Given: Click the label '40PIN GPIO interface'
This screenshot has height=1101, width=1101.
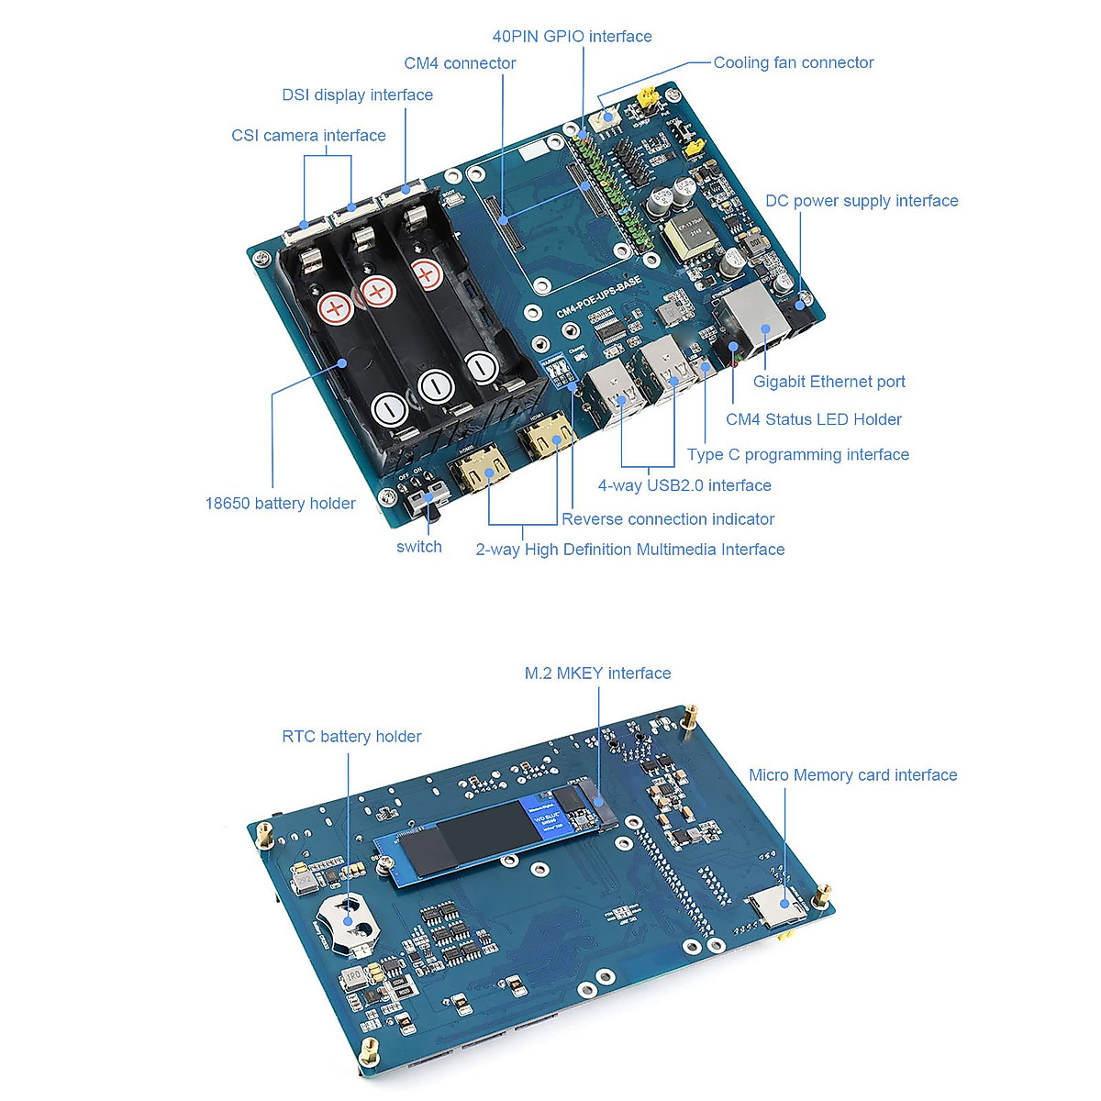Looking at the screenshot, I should [x=572, y=37].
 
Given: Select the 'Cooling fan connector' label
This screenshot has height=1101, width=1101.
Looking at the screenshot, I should [x=793, y=62].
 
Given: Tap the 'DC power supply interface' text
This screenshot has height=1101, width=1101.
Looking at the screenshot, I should [x=861, y=201].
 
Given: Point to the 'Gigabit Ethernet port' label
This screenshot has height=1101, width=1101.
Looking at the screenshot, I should [x=829, y=382].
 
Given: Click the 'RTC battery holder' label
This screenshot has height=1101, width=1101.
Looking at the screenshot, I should [x=351, y=737].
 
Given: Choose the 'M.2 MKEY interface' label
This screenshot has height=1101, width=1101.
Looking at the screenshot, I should [x=597, y=673].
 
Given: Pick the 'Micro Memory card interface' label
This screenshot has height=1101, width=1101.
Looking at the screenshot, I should [x=852, y=775].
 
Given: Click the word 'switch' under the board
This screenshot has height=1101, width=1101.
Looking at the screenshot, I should [x=418, y=547].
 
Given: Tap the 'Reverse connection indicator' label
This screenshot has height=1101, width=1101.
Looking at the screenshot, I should [x=668, y=519].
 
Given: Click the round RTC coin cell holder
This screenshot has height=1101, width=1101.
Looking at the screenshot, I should [x=347, y=920].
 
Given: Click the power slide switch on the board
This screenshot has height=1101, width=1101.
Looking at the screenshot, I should [x=422, y=500].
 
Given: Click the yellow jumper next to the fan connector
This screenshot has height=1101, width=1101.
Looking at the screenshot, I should [x=648, y=96].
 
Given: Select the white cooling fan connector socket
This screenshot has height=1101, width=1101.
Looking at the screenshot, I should [x=606, y=117].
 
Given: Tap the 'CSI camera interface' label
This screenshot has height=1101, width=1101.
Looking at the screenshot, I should [x=308, y=136].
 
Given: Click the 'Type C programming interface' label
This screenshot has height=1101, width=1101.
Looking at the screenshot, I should [x=797, y=455].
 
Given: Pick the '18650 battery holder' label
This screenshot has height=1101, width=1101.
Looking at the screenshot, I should [x=280, y=504].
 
